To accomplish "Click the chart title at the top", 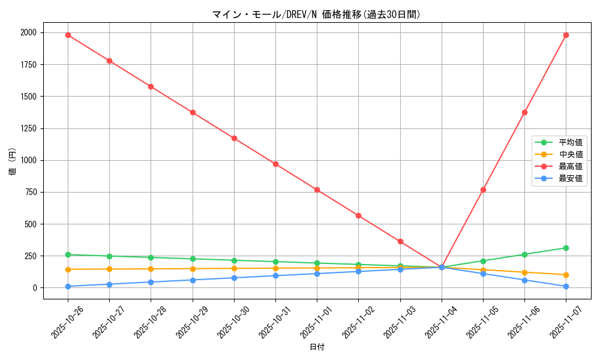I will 316,14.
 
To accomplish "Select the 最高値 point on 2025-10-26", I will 68,35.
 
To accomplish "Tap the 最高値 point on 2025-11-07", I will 566,35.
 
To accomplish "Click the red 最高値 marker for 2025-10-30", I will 234,138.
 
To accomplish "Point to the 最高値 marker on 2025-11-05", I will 483,190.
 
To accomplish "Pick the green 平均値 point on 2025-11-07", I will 566,248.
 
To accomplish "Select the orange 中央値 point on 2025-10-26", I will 68,269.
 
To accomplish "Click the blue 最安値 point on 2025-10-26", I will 68,286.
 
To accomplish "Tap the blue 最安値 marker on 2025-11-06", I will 524,280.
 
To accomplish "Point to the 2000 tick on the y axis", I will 28,32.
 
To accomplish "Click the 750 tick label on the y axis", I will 30,192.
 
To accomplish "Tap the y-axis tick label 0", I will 34,288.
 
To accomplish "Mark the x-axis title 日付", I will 317,347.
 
